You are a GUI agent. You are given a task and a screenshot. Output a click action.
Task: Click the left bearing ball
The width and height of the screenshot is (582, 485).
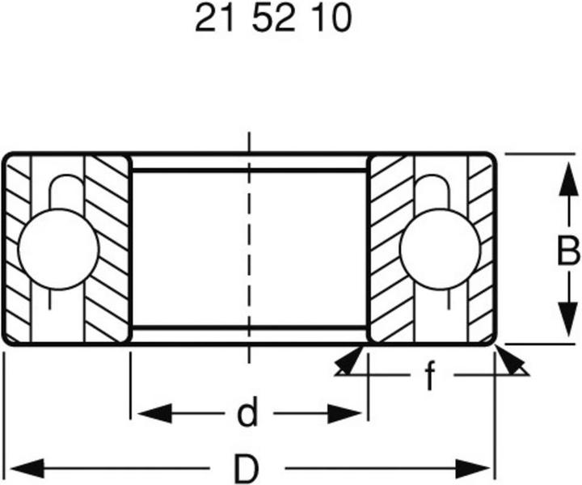(58, 248)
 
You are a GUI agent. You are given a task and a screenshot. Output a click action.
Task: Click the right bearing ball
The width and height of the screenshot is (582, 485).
(440, 248)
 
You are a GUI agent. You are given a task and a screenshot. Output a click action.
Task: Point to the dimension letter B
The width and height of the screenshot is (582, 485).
(567, 251)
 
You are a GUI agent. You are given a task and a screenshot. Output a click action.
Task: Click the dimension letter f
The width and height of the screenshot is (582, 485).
(430, 375)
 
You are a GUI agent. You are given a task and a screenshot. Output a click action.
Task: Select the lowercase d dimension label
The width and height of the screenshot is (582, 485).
(247, 415)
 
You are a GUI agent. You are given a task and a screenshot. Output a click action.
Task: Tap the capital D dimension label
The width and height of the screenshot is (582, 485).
(247, 468)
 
